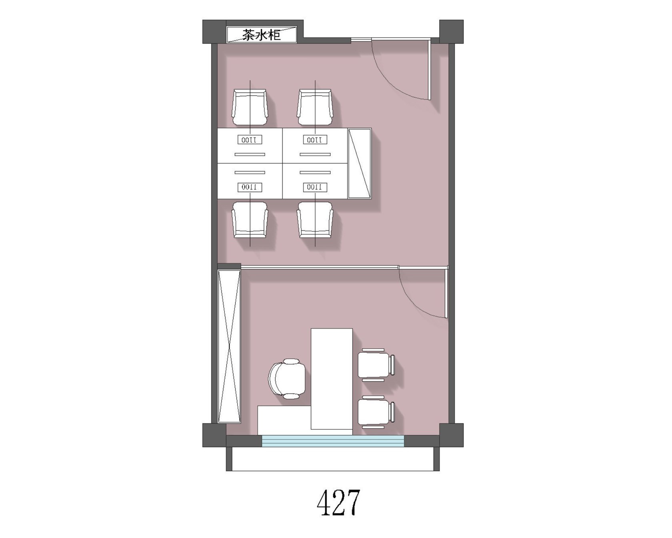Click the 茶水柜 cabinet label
262,35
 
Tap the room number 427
338,502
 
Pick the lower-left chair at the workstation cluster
250,220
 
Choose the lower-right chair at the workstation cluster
315,220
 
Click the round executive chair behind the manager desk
288,379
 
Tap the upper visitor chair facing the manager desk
376,363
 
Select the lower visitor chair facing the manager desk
376,412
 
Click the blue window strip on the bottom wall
333,441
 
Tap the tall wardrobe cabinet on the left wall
229,346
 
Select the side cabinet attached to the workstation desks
359,163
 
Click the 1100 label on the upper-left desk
250,140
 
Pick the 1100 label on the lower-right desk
315,187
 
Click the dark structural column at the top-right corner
452,31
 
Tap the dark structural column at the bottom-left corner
214,435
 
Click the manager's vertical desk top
332,379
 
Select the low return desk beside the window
284,420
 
